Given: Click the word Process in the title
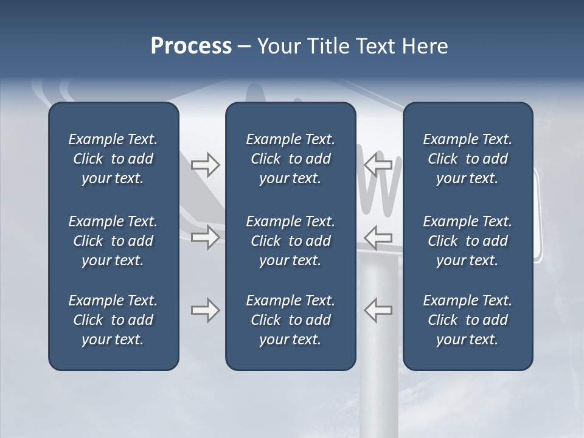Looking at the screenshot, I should click(191, 46).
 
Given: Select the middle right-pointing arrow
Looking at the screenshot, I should click(205, 237).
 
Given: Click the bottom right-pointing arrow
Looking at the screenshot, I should click(205, 310).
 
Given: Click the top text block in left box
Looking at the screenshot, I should click(113, 159).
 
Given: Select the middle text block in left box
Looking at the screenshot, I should click(113, 241).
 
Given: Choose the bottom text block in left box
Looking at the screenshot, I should click(113, 320).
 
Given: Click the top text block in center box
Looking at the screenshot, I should click(290, 159).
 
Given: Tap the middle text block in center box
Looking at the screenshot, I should click(290, 241).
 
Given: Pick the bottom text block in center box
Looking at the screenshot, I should click(290, 320).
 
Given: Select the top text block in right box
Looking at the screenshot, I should click(467, 159).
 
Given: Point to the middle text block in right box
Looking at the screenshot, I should click(467, 241).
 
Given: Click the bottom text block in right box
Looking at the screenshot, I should click(467, 320).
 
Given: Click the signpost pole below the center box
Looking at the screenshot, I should click(378, 401).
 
